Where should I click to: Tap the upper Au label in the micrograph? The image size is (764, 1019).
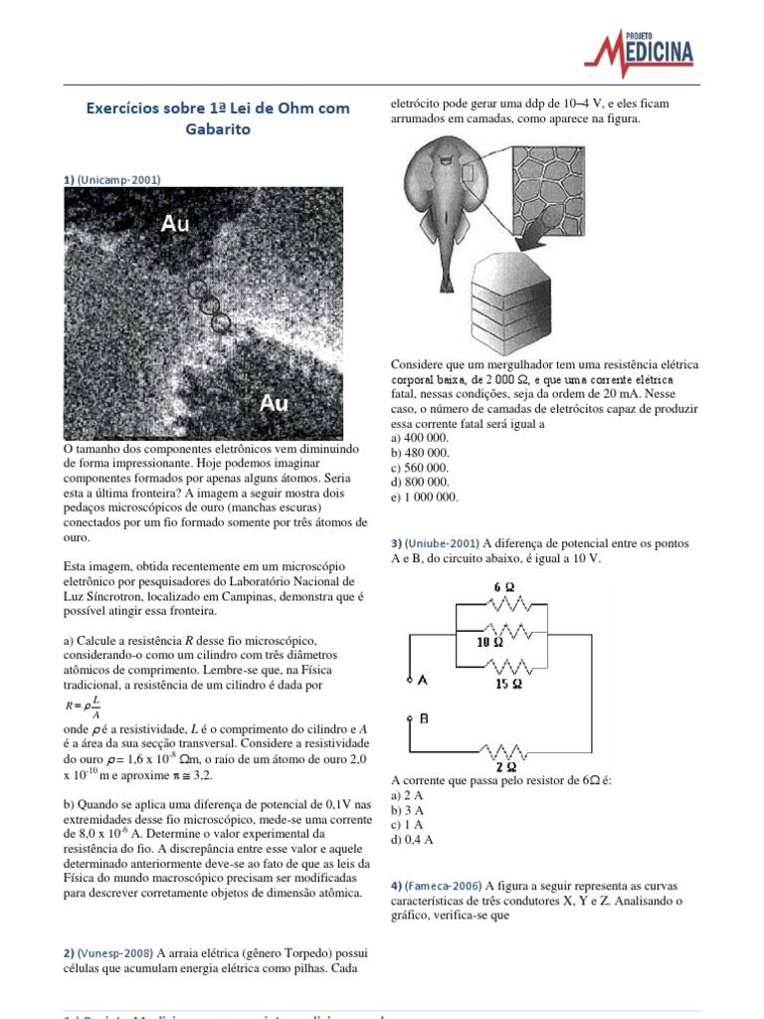(175, 225)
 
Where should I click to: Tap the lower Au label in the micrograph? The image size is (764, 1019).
(274, 403)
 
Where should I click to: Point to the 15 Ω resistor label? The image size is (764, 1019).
(509, 685)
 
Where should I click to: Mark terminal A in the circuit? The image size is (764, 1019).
(420, 680)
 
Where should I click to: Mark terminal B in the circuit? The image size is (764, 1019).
(421, 717)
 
